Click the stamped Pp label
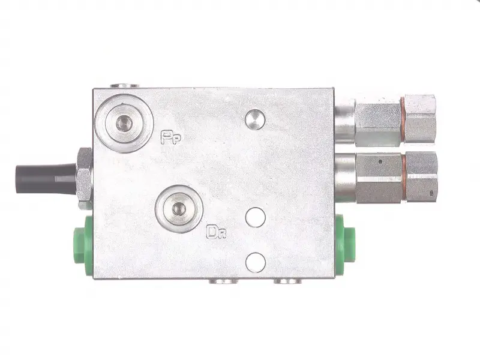(171, 137)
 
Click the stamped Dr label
(216, 232)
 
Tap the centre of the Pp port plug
(124, 124)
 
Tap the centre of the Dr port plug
(179, 209)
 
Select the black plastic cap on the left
(46, 179)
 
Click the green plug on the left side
(83, 244)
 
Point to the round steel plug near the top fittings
(255, 119)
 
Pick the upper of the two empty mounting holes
(256, 217)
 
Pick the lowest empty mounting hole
(256, 263)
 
